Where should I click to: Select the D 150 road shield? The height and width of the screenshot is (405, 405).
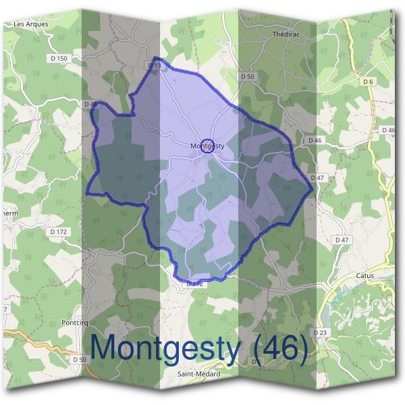(x=59, y=59)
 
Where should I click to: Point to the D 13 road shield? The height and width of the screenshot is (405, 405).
(x=154, y=65)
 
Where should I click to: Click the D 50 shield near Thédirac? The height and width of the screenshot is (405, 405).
(x=248, y=77)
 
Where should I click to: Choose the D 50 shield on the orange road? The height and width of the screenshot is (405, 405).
(x=80, y=359)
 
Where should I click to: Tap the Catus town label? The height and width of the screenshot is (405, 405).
(x=364, y=275)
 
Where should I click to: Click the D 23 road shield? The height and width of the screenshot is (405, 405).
(x=320, y=333)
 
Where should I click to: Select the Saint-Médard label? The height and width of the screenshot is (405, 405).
(x=198, y=374)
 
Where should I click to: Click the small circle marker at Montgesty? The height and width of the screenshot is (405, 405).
(x=209, y=146)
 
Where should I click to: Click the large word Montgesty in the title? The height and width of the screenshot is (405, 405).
(x=165, y=348)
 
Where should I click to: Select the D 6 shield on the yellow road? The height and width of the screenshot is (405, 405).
(x=368, y=82)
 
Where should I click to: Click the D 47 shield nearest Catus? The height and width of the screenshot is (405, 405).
(x=342, y=240)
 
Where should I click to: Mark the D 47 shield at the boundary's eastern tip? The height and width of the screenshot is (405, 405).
(x=317, y=178)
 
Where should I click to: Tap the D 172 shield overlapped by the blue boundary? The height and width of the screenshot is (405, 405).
(x=194, y=284)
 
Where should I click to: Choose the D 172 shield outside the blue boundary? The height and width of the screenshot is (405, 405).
(x=59, y=232)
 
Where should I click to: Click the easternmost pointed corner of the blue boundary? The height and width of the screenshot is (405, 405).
(x=312, y=189)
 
